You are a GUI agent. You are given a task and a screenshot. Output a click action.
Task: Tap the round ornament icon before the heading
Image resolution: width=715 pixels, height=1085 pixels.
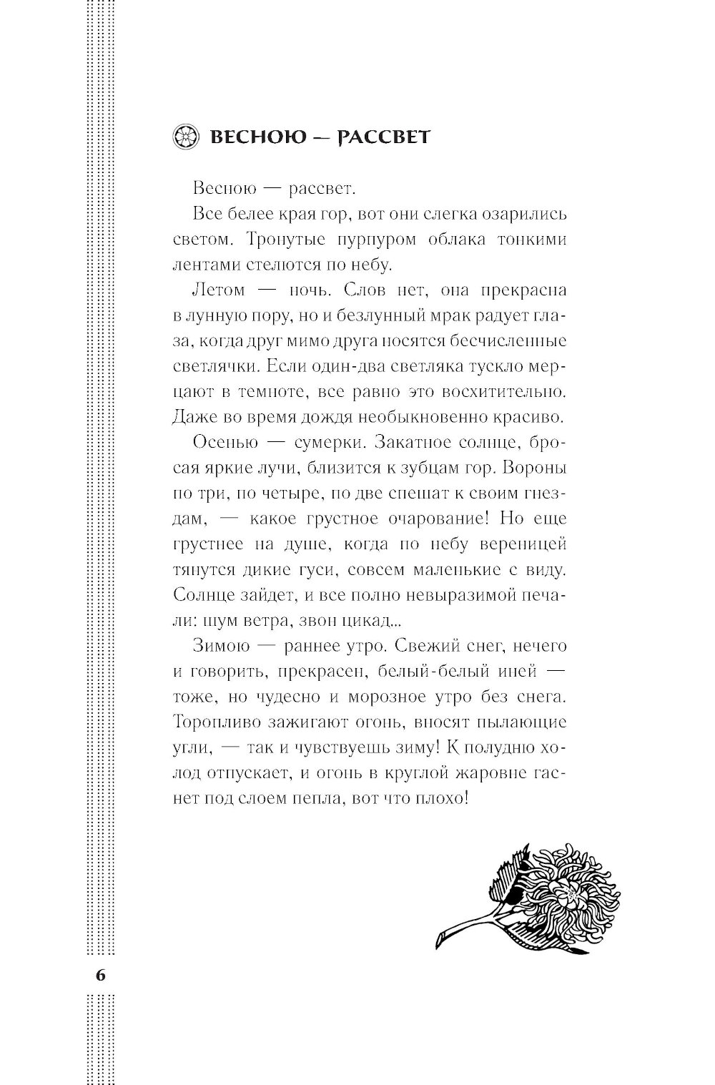pos(184,136)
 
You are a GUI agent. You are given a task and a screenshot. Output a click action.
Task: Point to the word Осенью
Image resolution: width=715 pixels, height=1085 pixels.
pos(225,441)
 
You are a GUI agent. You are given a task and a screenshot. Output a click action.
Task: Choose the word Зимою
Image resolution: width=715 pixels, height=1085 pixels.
pos(220,646)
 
